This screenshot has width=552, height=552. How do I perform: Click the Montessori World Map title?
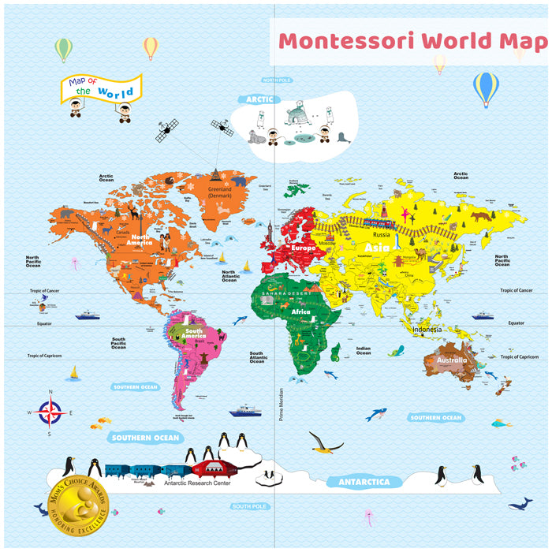click(412, 41)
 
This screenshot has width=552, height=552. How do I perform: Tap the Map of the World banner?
click(101, 88)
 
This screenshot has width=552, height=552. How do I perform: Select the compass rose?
click(50, 412)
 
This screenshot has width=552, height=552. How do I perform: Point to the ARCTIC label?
click(259, 99)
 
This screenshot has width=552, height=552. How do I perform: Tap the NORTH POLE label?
click(278, 80)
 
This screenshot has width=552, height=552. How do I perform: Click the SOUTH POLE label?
click(248, 506)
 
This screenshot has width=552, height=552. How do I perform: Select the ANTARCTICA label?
click(364, 481)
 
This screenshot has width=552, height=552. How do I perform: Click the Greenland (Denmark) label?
click(219, 192)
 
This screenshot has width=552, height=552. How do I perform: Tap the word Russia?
click(382, 234)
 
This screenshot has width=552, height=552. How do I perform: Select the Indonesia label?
click(427, 329)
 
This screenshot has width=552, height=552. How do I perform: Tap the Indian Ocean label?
click(363, 351)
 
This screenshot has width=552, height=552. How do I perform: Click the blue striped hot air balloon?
click(486, 88)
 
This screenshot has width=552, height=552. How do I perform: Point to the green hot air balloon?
click(64, 49)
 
